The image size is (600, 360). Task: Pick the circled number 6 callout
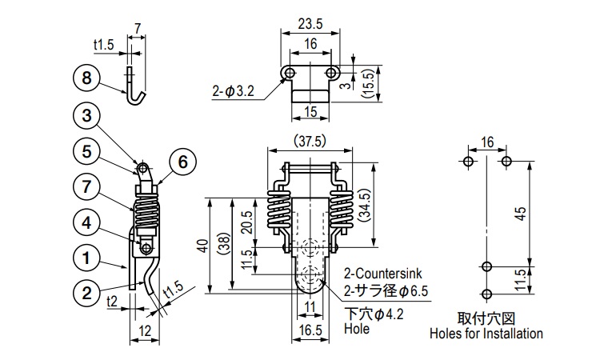(x=182, y=162)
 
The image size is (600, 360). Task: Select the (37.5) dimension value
(x=309, y=142)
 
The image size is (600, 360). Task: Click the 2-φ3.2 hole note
(x=234, y=92)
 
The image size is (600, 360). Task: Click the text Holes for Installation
(x=486, y=334)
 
